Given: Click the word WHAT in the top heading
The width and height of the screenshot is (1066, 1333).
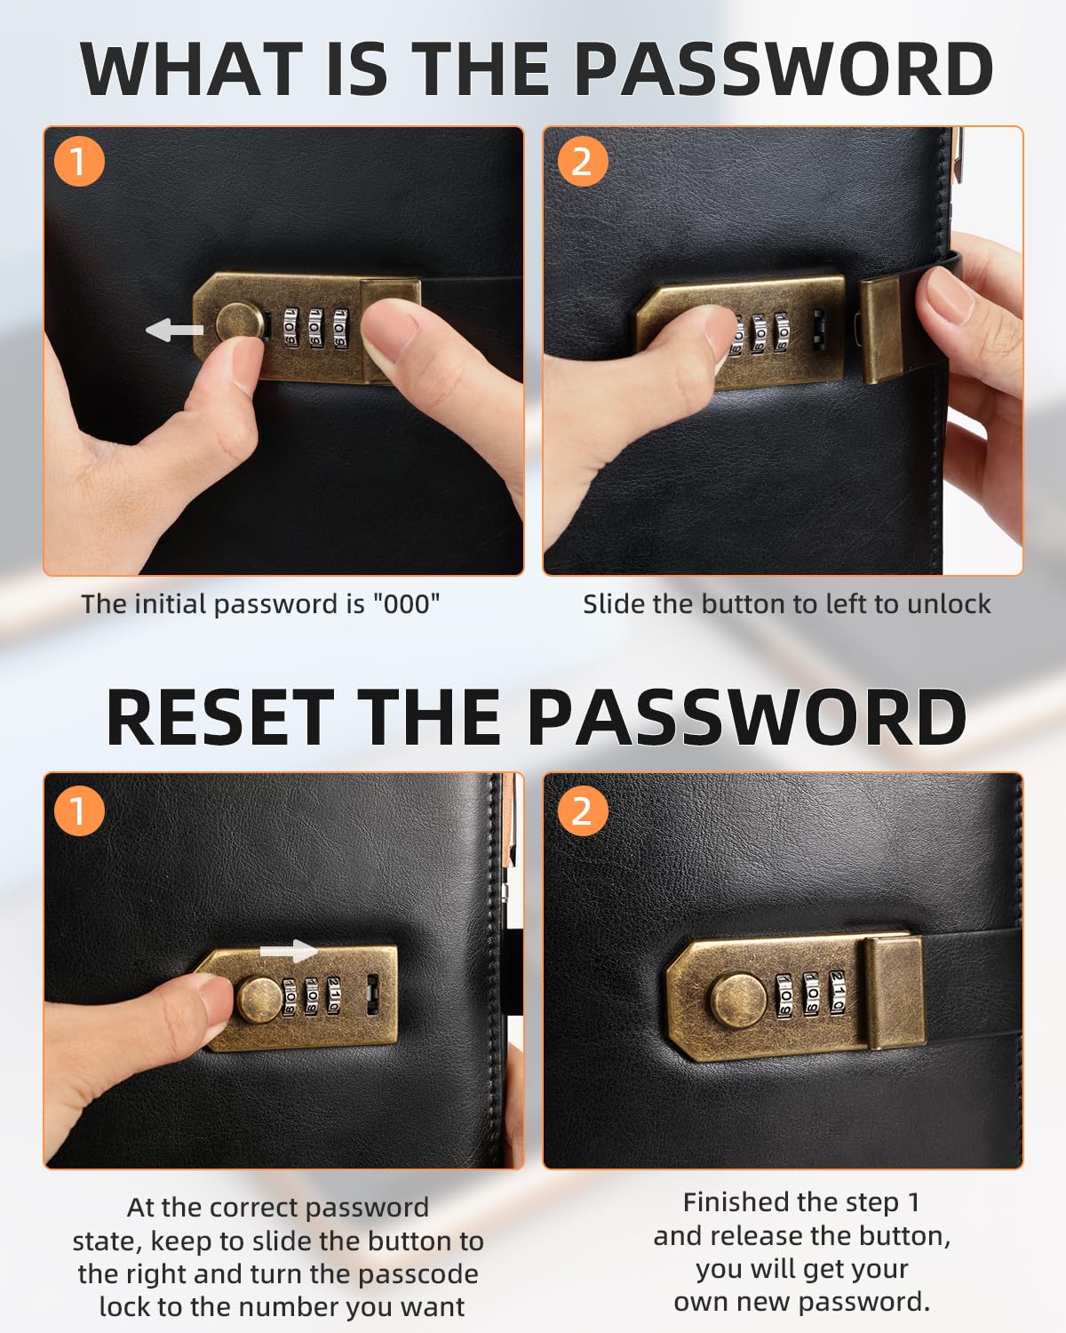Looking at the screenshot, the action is click(x=191, y=69).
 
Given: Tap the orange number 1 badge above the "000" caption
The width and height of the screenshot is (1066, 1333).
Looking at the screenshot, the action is click(x=79, y=162).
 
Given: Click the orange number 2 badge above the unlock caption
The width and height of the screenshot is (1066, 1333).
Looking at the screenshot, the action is click(x=582, y=162).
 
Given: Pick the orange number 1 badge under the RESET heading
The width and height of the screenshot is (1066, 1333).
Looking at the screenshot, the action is click(x=79, y=810).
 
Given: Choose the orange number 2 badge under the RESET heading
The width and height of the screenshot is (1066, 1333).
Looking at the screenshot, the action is click(x=582, y=810).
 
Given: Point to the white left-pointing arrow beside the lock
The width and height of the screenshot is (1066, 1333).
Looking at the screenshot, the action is click(x=174, y=331).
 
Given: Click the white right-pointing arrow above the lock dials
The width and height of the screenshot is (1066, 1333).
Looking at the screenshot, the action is click(x=289, y=951).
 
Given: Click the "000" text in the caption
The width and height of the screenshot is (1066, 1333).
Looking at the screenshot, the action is click(x=406, y=604).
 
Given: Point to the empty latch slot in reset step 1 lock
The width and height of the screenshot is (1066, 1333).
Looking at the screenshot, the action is click(x=373, y=994).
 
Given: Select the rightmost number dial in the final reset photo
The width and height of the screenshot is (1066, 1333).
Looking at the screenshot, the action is click(x=837, y=993).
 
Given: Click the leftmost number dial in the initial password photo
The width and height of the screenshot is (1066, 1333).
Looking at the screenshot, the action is click(x=290, y=328).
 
